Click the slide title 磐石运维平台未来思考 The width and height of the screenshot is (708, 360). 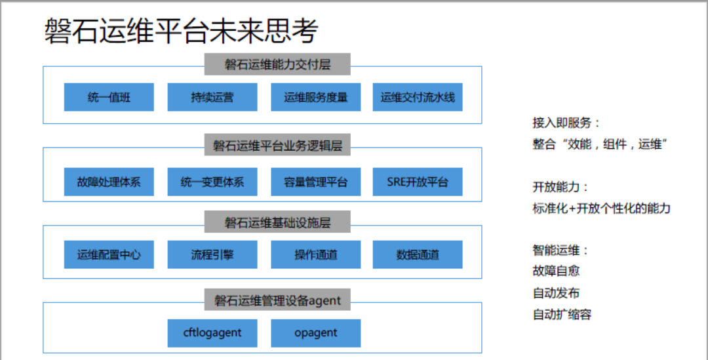pos(181,31)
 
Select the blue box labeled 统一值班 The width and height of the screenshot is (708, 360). pos(109,97)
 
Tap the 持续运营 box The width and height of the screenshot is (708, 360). pos(212,97)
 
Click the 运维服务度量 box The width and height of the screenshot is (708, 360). pos(315,97)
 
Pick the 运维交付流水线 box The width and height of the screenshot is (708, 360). pos(418,97)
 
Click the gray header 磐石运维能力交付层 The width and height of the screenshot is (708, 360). pos(277,64)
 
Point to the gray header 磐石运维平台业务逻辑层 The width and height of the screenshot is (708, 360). pos(277,145)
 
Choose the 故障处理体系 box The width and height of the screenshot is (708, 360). pos(109,182)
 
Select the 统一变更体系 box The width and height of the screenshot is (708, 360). pos(212,182)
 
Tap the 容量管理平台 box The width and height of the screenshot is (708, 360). pos(315,182)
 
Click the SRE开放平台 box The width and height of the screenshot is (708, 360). pos(418,182)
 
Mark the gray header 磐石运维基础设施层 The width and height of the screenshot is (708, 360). pos(277,222)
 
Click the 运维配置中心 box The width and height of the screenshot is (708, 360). pos(109,255)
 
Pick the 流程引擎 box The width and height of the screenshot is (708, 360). pos(212,255)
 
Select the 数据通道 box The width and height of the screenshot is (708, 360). pos(418,255)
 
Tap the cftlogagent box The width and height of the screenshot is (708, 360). pos(212,333)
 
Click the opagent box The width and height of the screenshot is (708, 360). pos(315,333)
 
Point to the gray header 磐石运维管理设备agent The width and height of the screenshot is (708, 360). pos(277,300)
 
